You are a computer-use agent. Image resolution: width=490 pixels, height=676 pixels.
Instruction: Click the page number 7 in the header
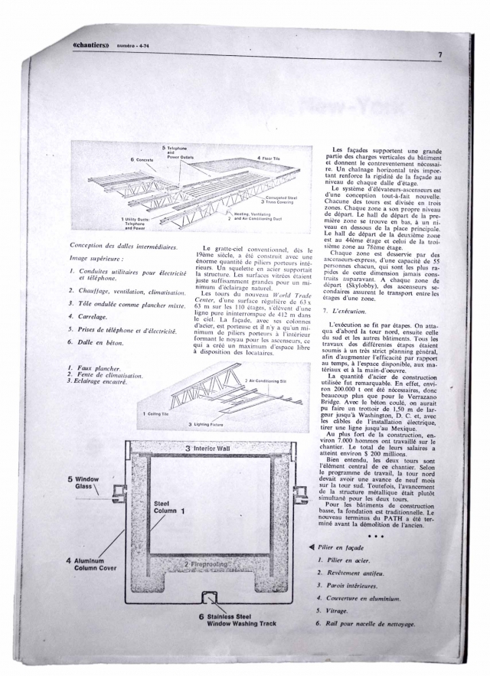point(441,54)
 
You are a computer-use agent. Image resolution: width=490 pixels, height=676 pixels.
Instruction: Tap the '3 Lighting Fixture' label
point(207,423)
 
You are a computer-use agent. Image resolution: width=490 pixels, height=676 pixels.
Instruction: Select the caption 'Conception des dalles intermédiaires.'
point(122,246)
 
